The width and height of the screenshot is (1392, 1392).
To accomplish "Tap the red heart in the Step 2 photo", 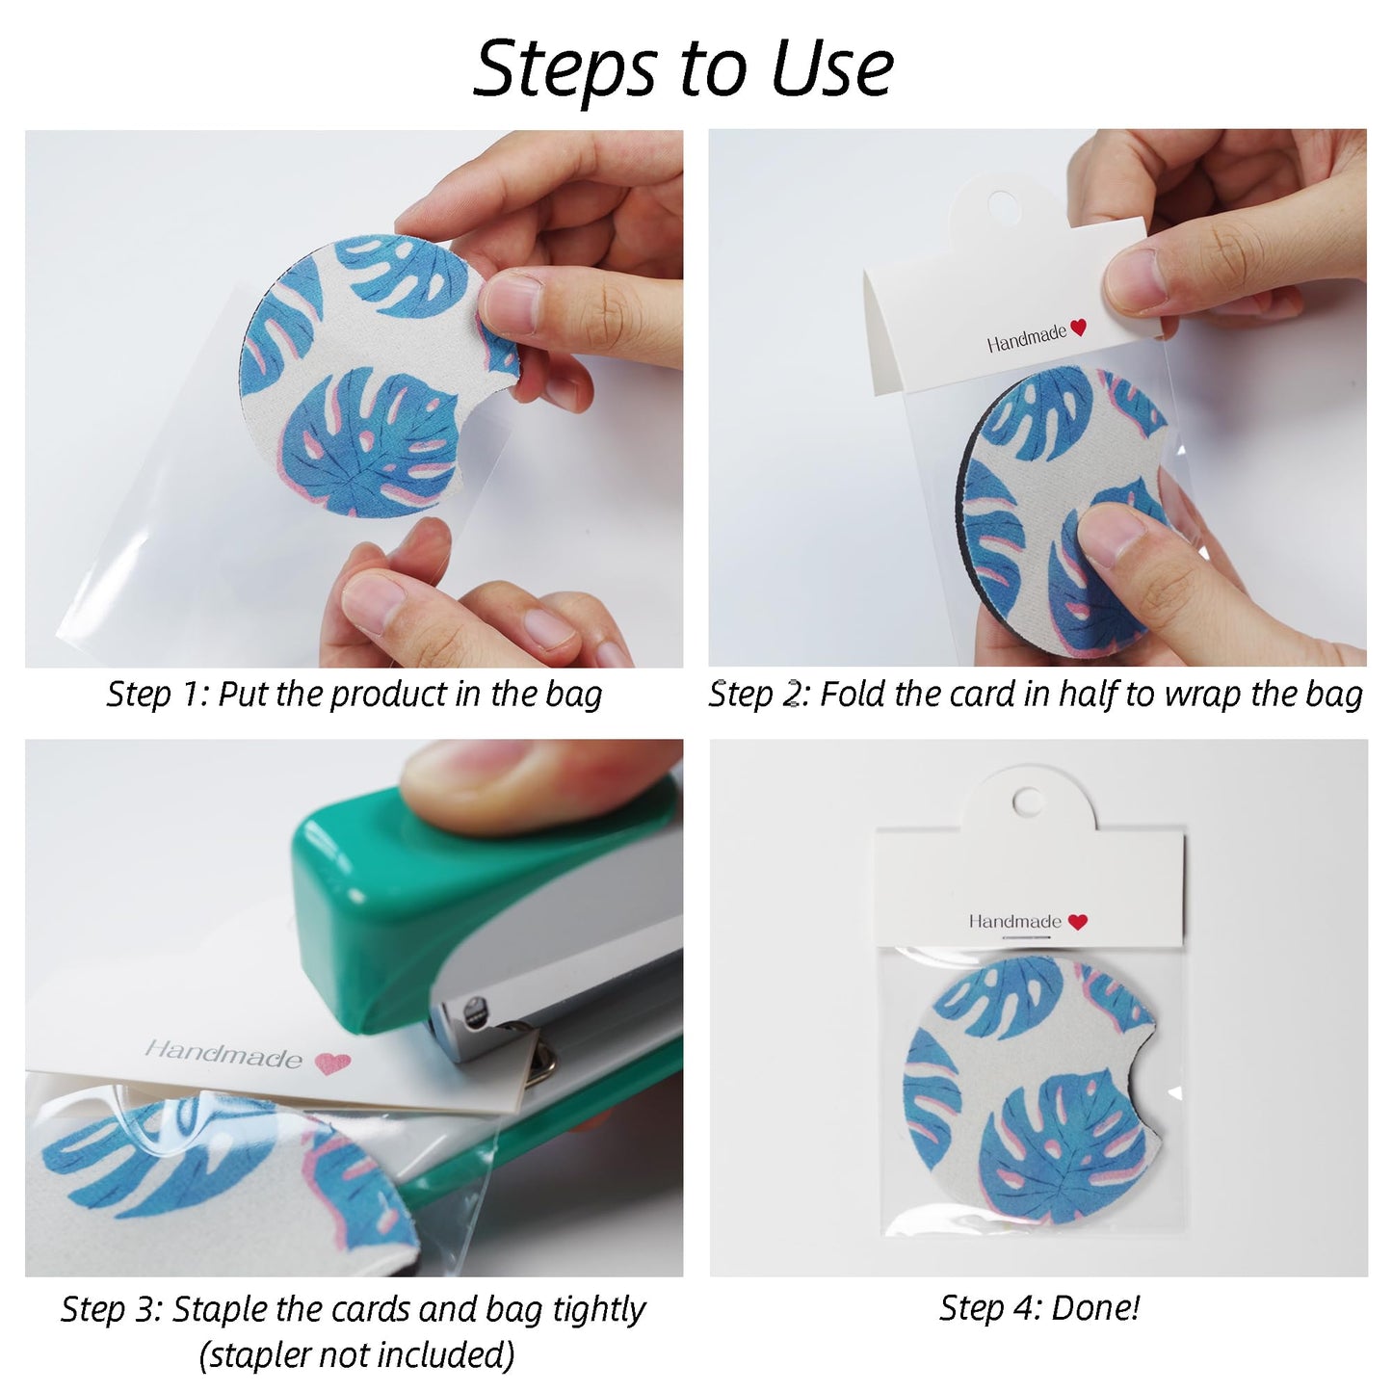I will tap(1078, 328).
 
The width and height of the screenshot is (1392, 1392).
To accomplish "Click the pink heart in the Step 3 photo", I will tap(332, 1064).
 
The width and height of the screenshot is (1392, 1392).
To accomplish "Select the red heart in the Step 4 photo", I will tap(1078, 922).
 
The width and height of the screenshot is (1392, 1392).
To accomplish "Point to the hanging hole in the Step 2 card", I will tap(1003, 203).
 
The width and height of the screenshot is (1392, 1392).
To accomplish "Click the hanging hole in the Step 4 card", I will tap(1027, 801).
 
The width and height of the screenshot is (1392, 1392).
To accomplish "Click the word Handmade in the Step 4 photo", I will tap(1014, 922).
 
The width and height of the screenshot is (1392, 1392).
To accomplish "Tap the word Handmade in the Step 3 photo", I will tap(223, 1054).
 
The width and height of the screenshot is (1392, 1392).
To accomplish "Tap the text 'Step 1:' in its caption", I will tap(157, 695).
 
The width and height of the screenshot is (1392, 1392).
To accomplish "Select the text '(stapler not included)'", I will tap(356, 1354).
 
